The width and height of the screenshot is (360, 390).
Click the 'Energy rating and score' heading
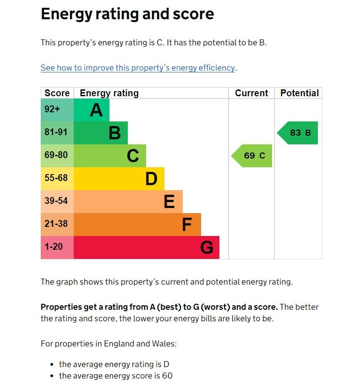pos(127,14)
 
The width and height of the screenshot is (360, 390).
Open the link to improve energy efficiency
pos(137,68)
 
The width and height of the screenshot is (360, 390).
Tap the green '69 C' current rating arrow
pos(252,155)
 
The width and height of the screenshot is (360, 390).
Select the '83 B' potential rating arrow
pos(298,133)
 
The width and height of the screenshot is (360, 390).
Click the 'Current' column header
pos(251,93)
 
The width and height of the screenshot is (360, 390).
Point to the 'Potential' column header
pos(299,93)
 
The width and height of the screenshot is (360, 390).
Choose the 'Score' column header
pos(57,93)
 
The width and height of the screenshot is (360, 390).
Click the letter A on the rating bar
pos(96,110)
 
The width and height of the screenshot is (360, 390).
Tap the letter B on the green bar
pos(115,133)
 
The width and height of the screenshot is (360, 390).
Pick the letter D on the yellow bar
pos(151,179)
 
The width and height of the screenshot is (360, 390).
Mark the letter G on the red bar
pos(207,247)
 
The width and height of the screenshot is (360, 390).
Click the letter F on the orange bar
pos(186,225)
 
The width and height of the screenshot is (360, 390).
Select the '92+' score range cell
pos(52,109)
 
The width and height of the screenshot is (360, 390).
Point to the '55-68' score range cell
pos(56,178)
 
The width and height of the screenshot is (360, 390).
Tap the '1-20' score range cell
pos(54,247)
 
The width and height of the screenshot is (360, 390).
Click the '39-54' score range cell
pos(56,201)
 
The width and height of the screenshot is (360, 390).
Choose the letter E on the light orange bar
pos(169,202)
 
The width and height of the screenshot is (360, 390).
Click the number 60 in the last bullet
pos(167,376)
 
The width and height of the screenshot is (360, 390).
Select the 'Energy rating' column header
pos(109,93)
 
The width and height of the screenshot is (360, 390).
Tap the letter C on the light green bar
pos(133,156)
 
